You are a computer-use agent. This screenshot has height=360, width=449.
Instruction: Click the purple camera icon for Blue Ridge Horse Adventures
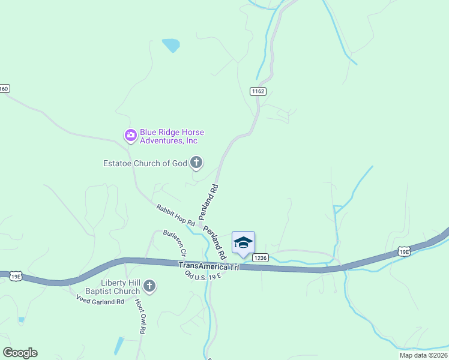point(130,136)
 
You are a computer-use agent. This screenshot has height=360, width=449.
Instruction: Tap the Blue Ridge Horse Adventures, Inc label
point(169,137)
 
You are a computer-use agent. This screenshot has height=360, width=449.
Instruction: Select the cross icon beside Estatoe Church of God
point(196,162)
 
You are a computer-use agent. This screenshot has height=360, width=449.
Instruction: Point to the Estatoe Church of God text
point(145,163)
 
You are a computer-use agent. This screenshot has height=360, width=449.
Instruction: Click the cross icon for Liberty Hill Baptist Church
point(149,286)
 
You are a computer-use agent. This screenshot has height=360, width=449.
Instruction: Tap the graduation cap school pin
point(243,243)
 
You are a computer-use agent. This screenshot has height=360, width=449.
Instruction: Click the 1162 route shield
point(258,91)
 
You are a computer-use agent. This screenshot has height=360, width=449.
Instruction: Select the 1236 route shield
point(260,258)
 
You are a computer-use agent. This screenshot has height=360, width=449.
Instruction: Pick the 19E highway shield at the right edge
point(404,252)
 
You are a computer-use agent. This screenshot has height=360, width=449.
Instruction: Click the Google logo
point(20,353)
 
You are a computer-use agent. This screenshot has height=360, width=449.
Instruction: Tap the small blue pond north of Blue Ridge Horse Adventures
point(171,44)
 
